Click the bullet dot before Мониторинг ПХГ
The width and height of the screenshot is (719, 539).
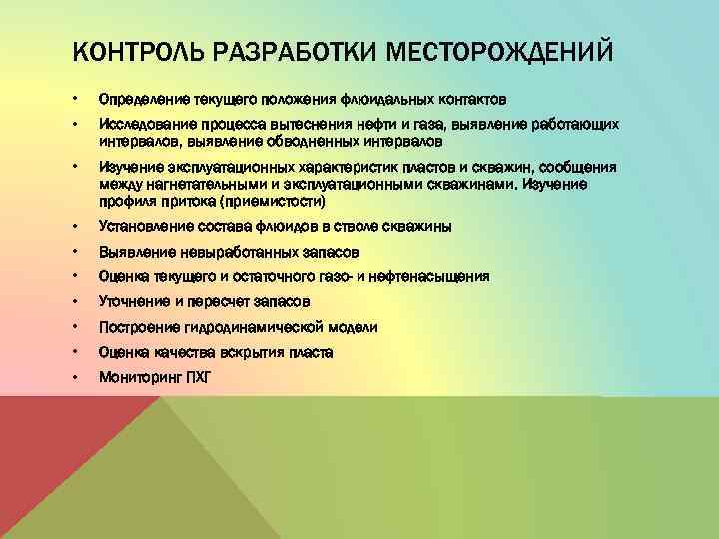point(76,377)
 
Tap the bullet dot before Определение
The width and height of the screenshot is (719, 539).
point(76,100)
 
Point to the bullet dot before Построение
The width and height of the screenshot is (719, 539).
point(76,327)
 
